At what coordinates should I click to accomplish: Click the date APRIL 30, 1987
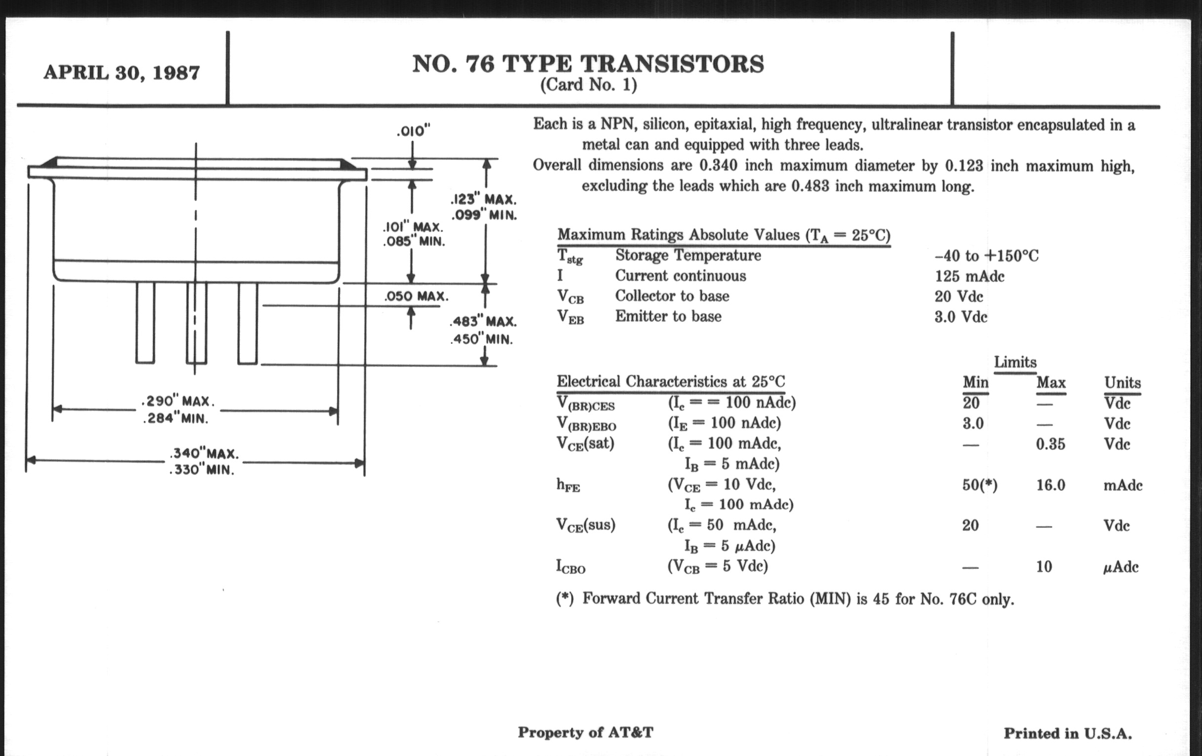tap(121, 73)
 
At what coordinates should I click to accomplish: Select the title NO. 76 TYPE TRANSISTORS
tap(588, 64)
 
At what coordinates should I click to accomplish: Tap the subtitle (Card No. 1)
tap(588, 85)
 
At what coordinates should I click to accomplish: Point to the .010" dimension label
tap(413, 131)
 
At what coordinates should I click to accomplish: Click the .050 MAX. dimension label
tap(416, 296)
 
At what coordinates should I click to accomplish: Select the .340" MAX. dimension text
tap(204, 454)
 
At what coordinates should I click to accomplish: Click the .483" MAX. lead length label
tap(483, 321)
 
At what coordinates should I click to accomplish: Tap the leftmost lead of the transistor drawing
tap(145, 322)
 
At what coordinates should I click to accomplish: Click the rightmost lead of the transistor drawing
tap(248, 322)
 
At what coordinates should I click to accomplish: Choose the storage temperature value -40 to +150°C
tap(986, 256)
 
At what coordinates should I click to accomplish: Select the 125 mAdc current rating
tap(969, 276)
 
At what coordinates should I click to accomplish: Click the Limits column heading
tap(1015, 362)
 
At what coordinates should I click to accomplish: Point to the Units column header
tap(1122, 383)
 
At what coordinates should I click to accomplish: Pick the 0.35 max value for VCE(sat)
tap(1050, 444)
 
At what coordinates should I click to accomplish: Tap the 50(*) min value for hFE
tap(980, 485)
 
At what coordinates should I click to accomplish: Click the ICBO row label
tap(570, 567)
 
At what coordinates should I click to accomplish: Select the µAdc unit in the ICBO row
tap(1120, 567)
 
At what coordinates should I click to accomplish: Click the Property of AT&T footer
tap(585, 732)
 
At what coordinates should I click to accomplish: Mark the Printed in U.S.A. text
tap(1068, 733)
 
